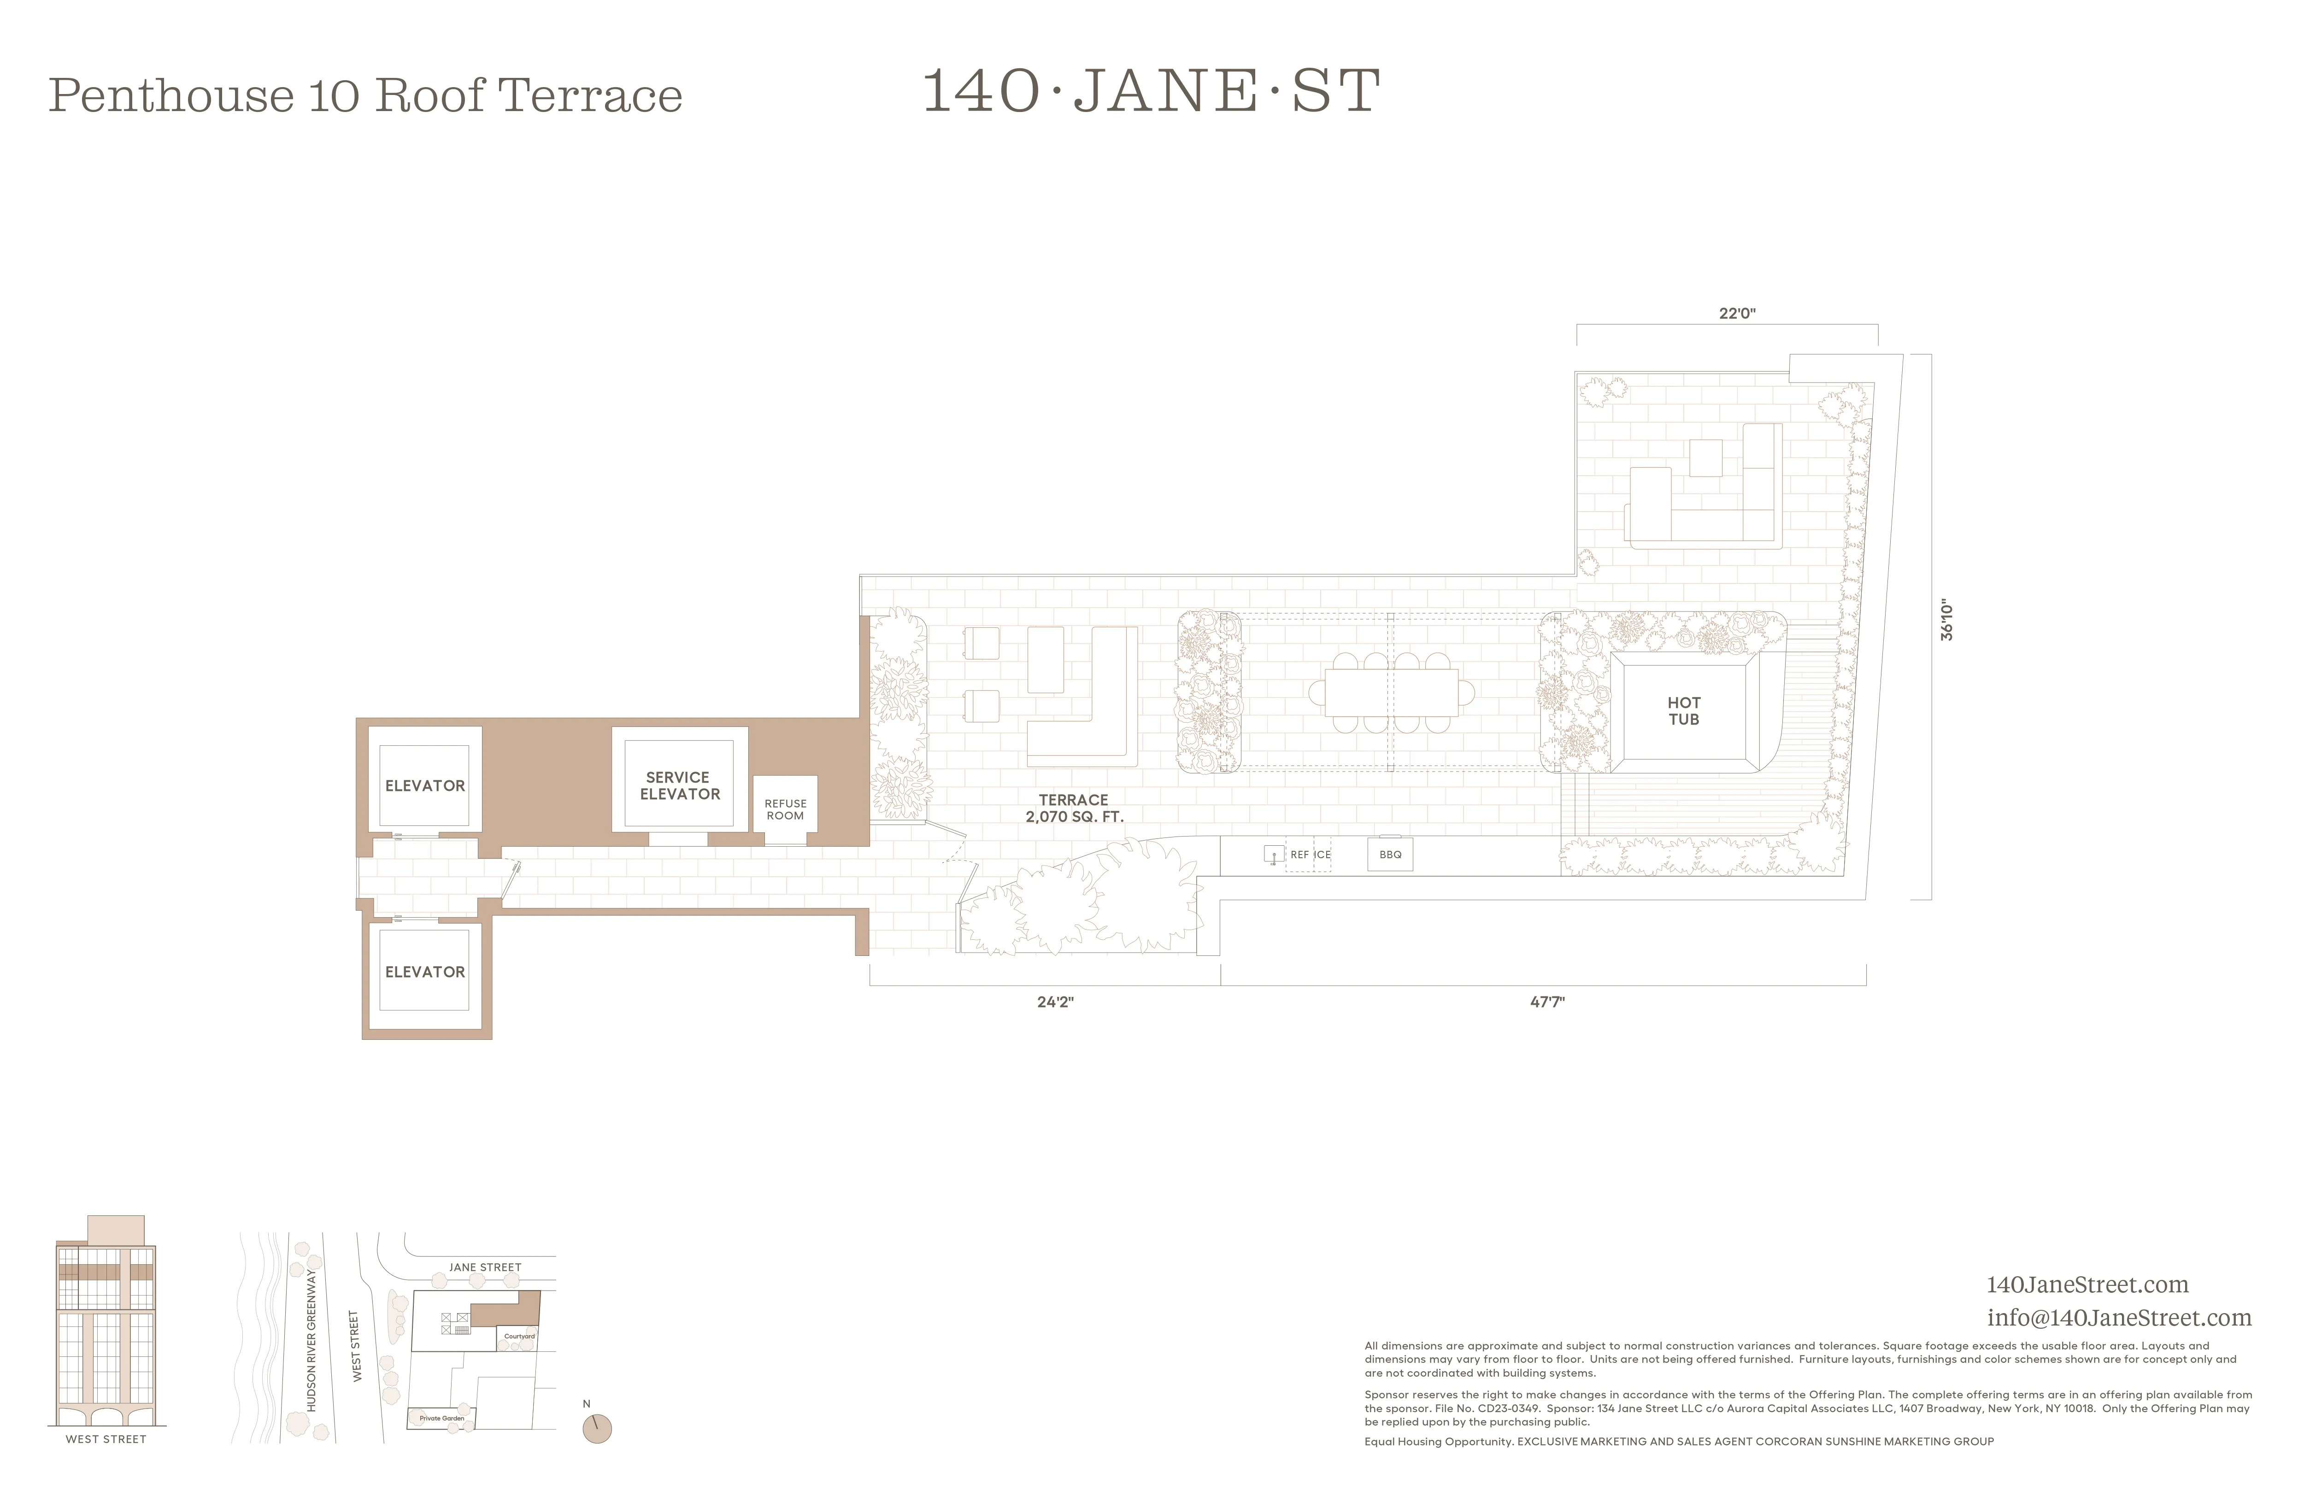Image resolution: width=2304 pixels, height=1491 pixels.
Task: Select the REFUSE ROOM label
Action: tap(785, 809)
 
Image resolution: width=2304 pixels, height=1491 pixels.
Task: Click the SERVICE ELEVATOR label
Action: tap(680, 785)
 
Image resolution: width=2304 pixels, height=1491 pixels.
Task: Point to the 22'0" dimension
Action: tap(1737, 314)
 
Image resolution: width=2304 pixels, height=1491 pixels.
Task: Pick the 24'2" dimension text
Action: tap(1055, 1002)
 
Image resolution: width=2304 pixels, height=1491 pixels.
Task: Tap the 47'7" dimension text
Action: tap(1547, 1002)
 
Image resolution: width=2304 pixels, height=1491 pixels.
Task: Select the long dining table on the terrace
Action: tap(1391, 692)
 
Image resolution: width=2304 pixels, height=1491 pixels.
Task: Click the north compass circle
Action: tap(597, 1428)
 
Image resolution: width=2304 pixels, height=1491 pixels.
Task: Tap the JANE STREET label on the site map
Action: tap(485, 1267)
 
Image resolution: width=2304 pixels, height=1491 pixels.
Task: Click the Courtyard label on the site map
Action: tap(519, 1336)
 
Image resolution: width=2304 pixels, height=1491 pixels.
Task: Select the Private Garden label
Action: tap(441, 1417)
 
